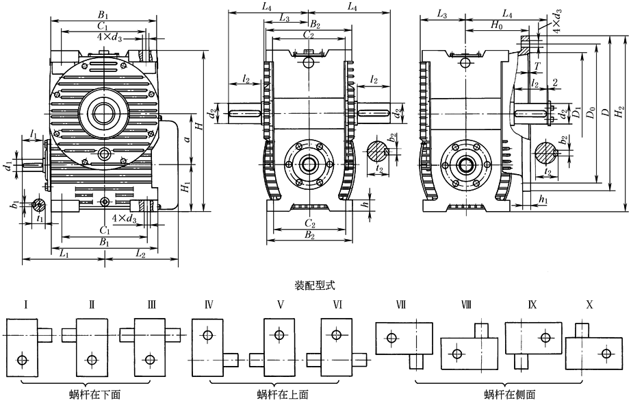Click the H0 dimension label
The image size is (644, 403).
pos(498,25)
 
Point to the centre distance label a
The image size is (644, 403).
pos(187,139)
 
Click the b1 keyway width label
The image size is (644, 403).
pos(14,204)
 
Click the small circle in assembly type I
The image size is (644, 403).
pos(23,359)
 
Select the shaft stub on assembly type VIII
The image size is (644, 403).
pos(482,330)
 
